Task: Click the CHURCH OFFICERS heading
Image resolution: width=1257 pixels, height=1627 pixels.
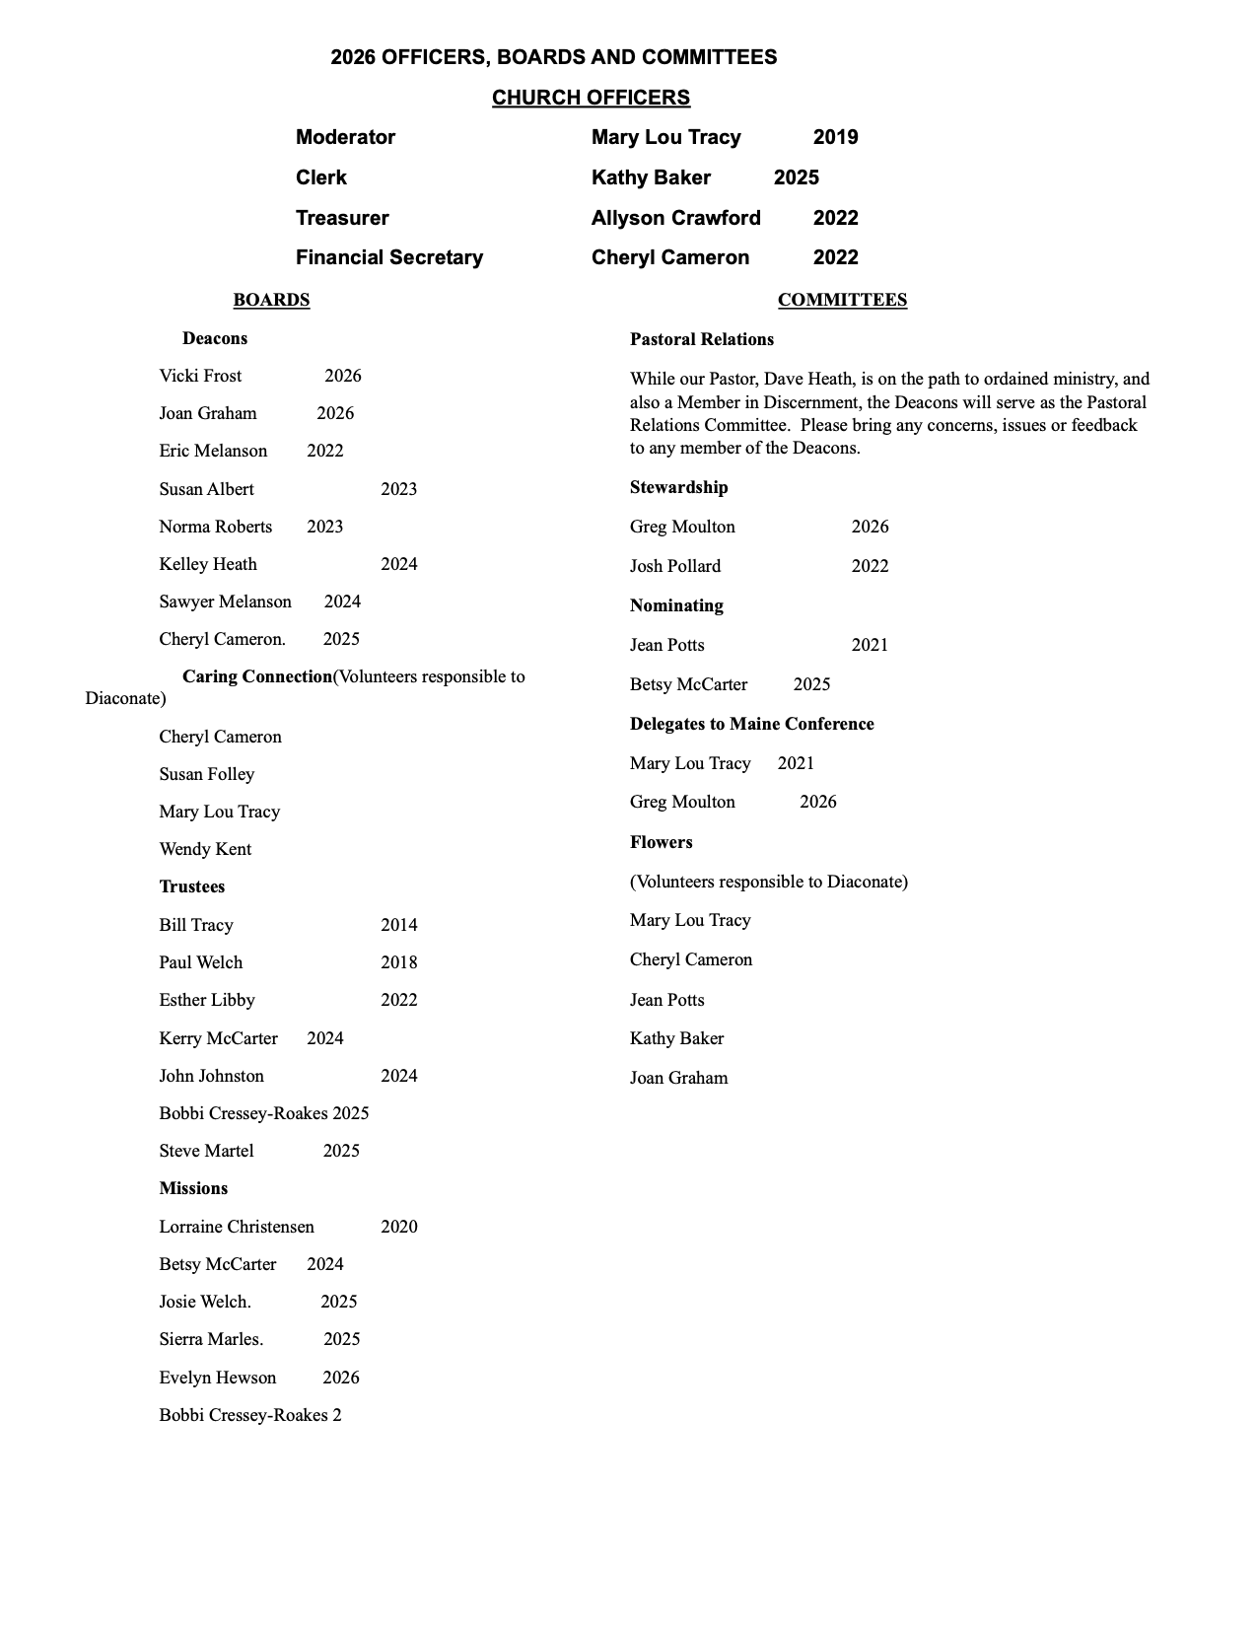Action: (x=591, y=98)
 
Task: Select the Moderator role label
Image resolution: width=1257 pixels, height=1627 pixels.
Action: (x=345, y=137)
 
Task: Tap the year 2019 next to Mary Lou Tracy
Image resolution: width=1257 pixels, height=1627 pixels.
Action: (x=835, y=137)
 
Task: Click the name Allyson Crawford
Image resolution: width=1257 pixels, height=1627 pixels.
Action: (x=675, y=218)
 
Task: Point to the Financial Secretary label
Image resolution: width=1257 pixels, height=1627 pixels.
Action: (x=389, y=257)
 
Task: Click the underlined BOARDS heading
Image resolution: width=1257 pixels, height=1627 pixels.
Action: (x=271, y=300)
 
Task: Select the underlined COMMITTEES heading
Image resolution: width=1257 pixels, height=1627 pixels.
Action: (x=842, y=300)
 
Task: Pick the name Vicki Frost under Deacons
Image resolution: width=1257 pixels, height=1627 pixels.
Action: (x=200, y=376)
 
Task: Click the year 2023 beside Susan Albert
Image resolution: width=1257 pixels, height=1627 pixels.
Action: (x=398, y=489)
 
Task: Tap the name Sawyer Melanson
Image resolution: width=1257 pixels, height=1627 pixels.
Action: (x=225, y=601)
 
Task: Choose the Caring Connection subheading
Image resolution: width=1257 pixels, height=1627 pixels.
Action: (x=257, y=676)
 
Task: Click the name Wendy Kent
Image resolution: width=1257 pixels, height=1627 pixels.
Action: (x=205, y=849)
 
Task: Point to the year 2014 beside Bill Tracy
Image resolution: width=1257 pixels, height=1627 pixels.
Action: (x=398, y=925)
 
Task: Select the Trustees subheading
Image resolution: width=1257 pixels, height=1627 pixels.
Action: (x=192, y=886)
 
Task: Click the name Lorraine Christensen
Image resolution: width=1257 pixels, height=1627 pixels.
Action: (x=237, y=1227)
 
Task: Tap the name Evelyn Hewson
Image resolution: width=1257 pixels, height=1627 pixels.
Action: (x=217, y=1378)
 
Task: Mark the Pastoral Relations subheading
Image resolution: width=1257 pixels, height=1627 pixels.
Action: (x=702, y=339)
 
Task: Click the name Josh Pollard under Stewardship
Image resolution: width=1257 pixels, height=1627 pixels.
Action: (x=675, y=566)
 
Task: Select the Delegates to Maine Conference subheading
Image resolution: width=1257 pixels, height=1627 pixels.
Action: (x=752, y=724)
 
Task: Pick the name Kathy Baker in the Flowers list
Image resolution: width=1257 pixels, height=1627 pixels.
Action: (x=676, y=1038)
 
